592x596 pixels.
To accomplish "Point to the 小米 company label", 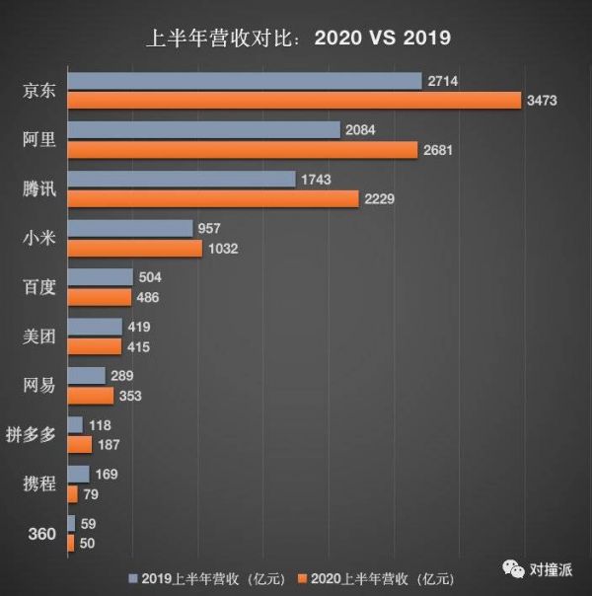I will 39,238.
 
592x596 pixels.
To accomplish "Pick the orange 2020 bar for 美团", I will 94,346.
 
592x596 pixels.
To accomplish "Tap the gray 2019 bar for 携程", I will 78,475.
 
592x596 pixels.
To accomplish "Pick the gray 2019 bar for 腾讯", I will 182,179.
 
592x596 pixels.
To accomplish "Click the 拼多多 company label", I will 36,435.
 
